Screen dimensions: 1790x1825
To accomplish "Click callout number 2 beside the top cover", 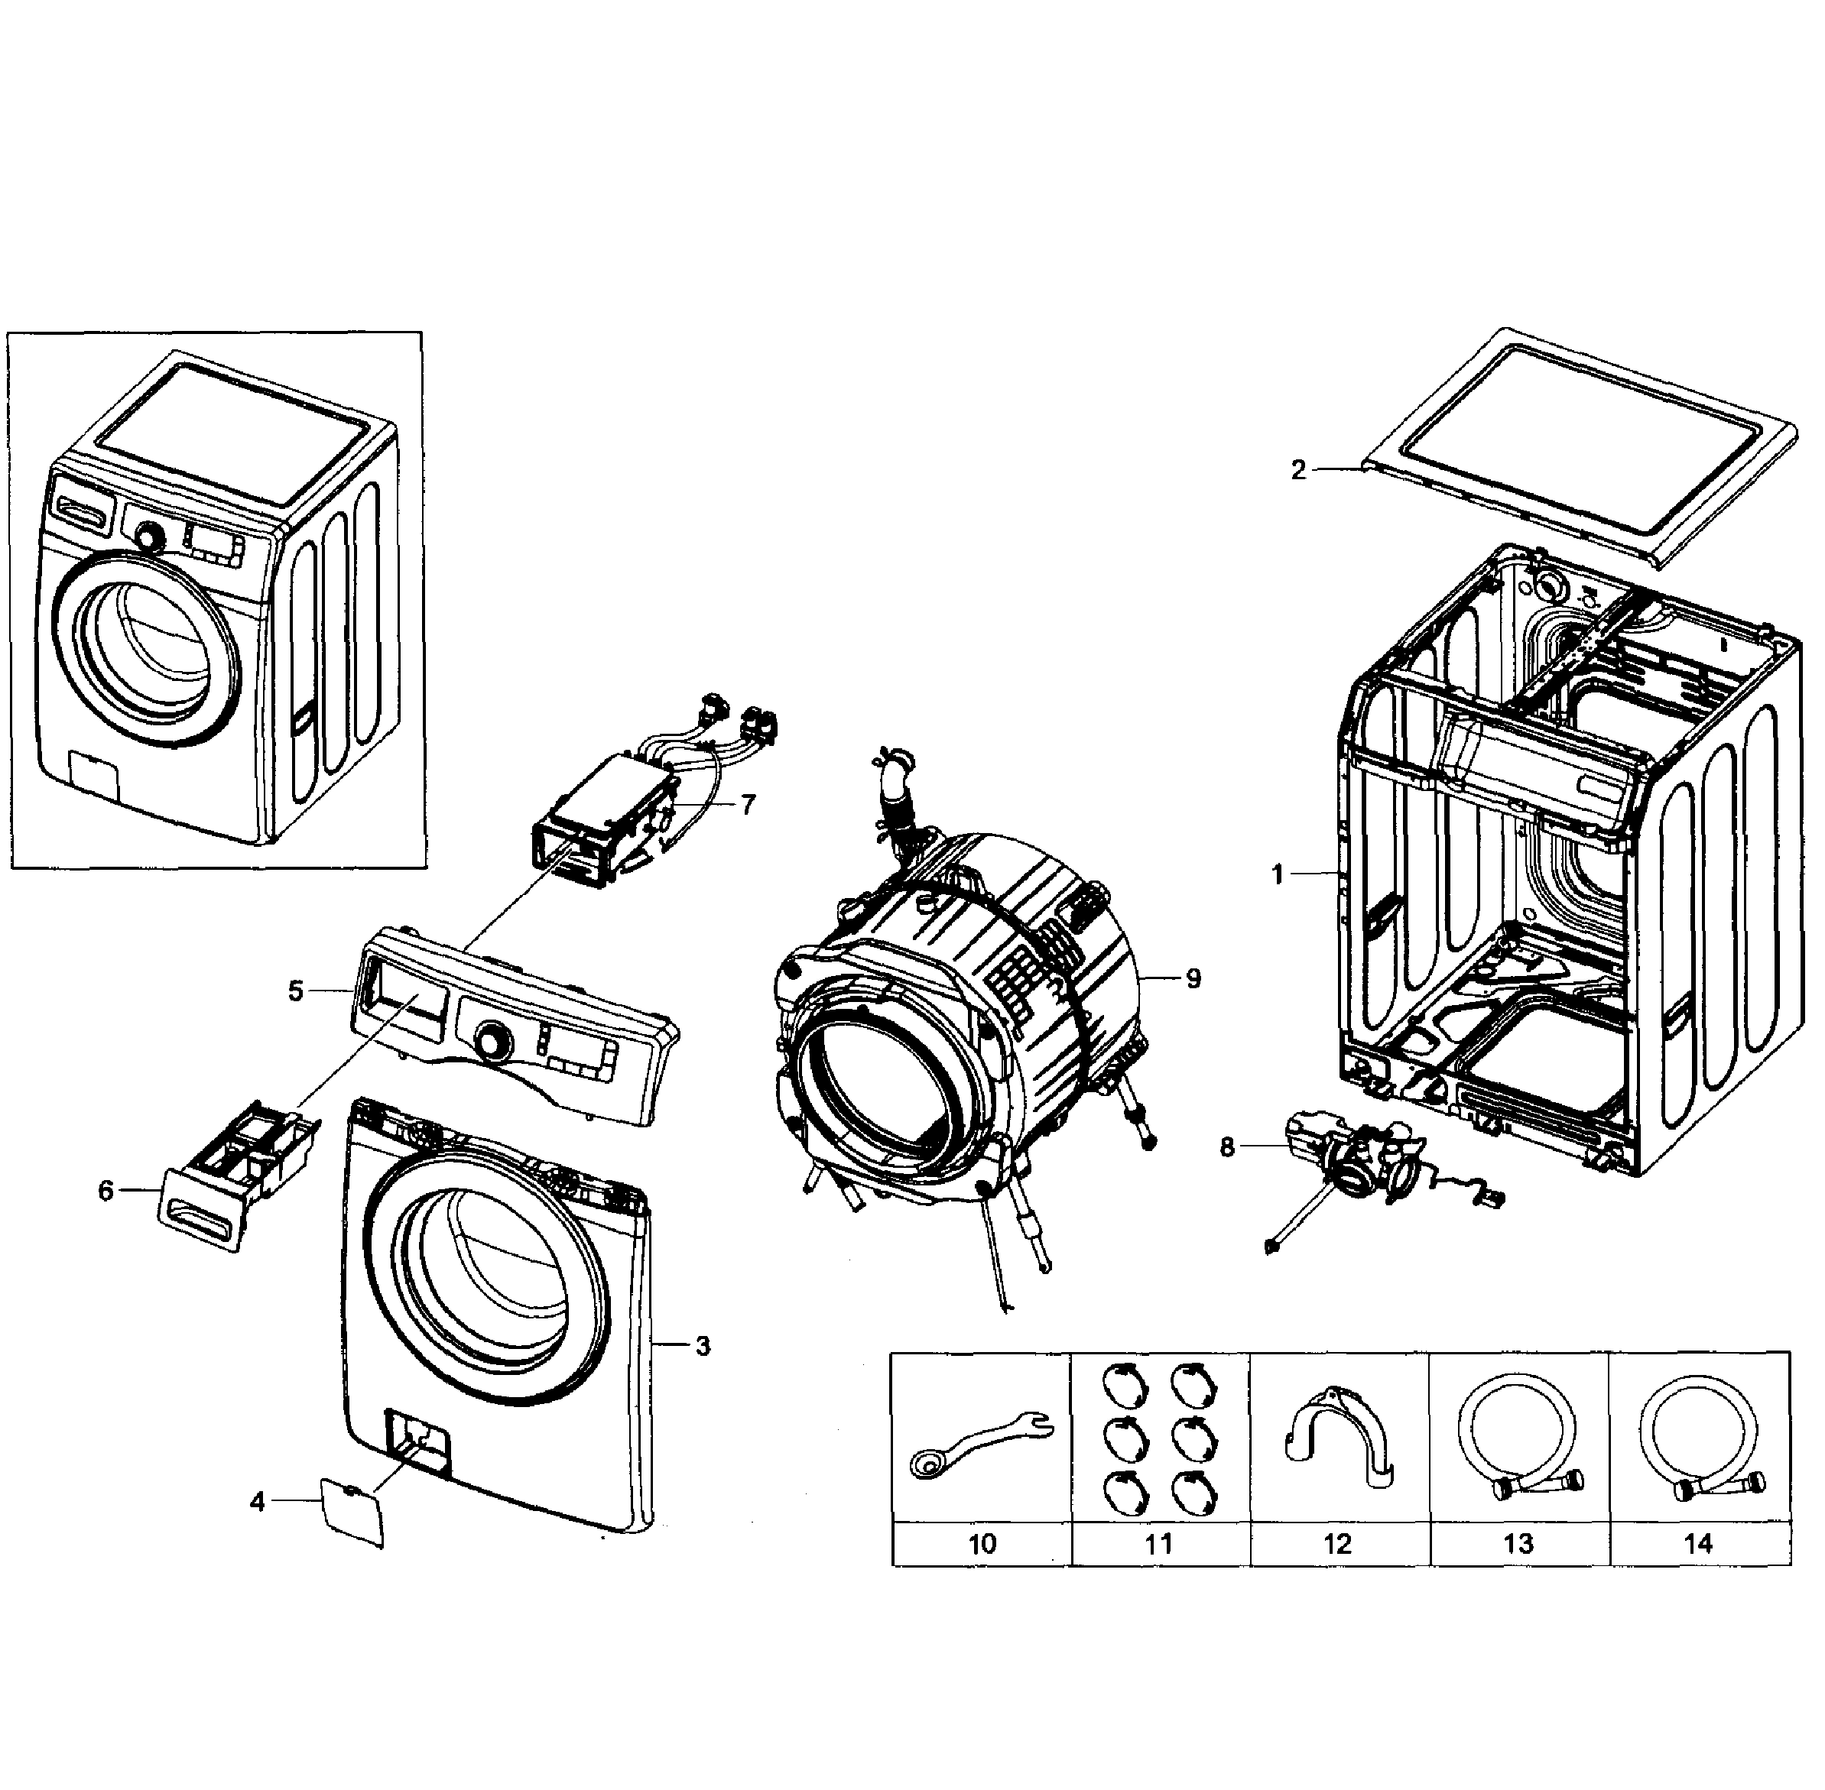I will pyautogui.click(x=1297, y=470).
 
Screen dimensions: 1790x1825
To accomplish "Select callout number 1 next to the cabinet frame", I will pyautogui.click(x=1277, y=874).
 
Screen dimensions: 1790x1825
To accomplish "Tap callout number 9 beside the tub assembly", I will pyautogui.click(x=1193, y=978).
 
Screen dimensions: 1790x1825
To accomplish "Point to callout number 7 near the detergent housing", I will pyautogui.click(x=748, y=805).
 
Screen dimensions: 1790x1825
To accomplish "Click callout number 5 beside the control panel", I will pyautogui.click(x=296, y=991).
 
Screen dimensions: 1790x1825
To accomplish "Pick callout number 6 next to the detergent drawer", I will pyautogui.click(x=106, y=1191).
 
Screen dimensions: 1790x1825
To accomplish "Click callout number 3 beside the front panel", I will pyautogui.click(x=703, y=1346).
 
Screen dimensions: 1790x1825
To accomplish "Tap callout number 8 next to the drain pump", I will pyautogui.click(x=1227, y=1148).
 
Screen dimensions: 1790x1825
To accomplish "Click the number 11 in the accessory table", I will pyautogui.click(x=1158, y=1544).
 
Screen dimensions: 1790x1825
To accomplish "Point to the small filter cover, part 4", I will pyautogui.click(x=352, y=1512).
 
